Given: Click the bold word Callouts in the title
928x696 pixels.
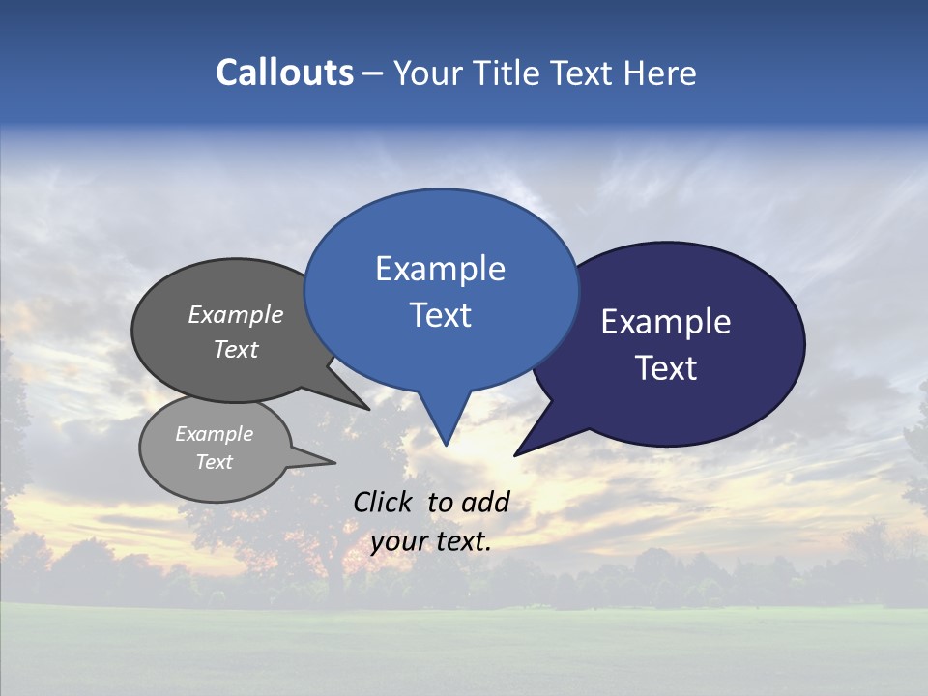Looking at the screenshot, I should (x=284, y=72).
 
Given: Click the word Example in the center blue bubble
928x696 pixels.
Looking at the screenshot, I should (x=440, y=269).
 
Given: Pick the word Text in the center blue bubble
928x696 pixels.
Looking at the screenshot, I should (x=440, y=315).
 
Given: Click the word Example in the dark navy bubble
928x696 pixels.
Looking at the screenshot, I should (x=666, y=322).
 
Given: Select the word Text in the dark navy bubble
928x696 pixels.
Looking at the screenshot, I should (x=666, y=368).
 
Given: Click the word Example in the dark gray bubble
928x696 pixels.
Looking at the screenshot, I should (x=236, y=314).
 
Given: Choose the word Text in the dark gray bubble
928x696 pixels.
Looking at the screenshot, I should (x=236, y=349).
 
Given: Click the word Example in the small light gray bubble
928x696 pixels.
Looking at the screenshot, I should (x=214, y=434).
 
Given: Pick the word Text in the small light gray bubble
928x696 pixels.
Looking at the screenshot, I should (x=214, y=462).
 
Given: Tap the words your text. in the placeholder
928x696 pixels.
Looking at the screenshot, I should (x=431, y=541).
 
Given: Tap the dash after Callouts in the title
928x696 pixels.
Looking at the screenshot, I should (x=374, y=72).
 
